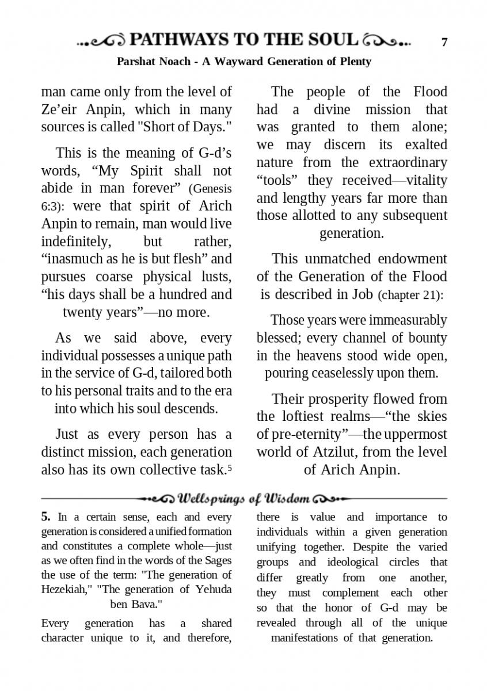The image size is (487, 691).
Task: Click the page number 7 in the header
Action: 444,42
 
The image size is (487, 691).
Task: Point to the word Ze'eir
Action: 61,109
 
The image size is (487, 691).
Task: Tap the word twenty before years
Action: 88,312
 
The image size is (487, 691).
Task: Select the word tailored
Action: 182,373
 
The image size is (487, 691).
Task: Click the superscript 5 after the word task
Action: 230,469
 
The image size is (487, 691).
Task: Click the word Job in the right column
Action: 364,295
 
